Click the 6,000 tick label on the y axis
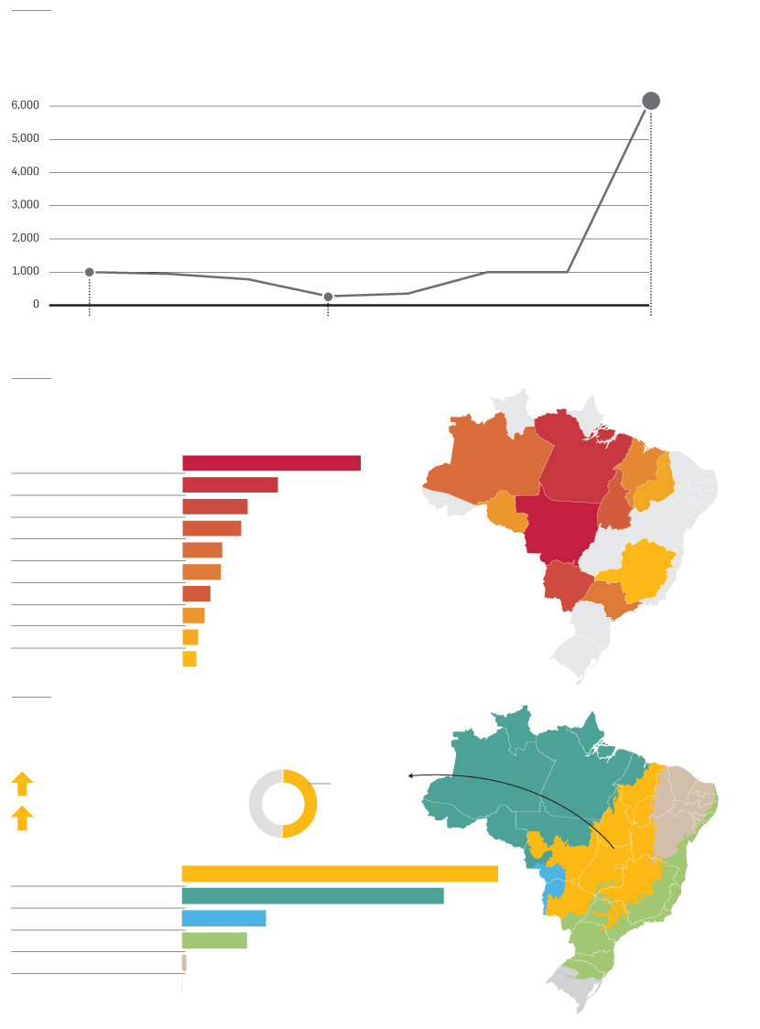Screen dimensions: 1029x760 pyautogui.click(x=26, y=105)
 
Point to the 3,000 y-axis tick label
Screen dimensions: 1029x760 pyautogui.click(x=26, y=205)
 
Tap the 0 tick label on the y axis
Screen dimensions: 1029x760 pyautogui.click(x=36, y=304)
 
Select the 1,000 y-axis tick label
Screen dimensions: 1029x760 pyautogui.click(x=26, y=271)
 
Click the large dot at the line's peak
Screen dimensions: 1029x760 pyautogui.click(x=651, y=101)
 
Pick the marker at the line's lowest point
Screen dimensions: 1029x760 pyautogui.click(x=328, y=297)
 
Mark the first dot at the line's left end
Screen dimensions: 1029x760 pyautogui.click(x=89, y=272)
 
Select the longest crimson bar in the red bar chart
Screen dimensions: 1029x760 pyautogui.click(x=271, y=463)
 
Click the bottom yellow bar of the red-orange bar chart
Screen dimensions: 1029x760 pyautogui.click(x=190, y=659)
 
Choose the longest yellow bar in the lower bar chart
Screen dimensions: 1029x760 pyautogui.click(x=340, y=873)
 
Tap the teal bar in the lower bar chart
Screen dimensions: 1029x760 pyautogui.click(x=312, y=895)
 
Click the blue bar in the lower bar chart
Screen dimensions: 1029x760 pyautogui.click(x=223, y=918)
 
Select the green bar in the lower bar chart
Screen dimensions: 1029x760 pyautogui.click(x=214, y=940)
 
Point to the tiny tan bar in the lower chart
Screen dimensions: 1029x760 pyautogui.click(x=184, y=962)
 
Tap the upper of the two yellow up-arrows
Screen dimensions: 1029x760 pyautogui.click(x=22, y=784)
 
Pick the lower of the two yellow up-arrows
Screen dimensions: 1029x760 pyautogui.click(x=22, y=818)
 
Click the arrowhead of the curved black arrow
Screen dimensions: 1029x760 pyautogui.click(x=411, y=775)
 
